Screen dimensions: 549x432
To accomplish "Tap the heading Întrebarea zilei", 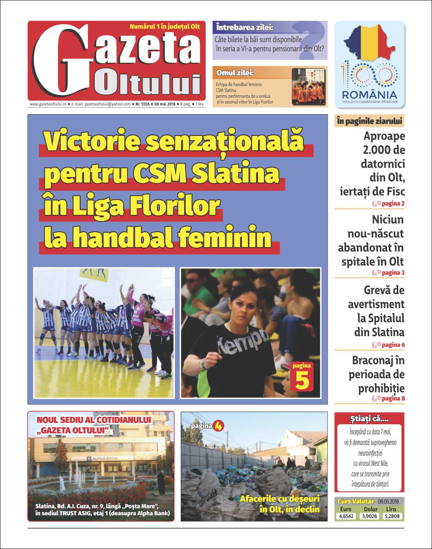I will coord(245,27).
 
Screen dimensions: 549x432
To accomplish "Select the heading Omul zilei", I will coord(235,73).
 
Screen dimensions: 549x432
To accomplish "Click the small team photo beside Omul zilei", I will coord(308,87).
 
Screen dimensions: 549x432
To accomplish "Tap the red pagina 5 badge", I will coord(302,376).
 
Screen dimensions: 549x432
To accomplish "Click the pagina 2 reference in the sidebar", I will coord(393,204).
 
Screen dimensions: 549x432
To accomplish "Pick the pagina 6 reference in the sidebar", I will coord(393,345).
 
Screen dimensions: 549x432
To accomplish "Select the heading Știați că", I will coord(369,418).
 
